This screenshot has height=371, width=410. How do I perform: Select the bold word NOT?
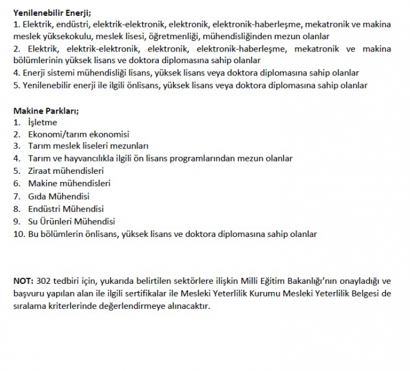(x=23, y=280)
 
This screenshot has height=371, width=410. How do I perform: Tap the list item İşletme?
(x=43, y=122)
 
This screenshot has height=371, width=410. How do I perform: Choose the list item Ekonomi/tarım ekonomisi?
(x=78, y=134)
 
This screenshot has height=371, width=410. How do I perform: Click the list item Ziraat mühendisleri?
(x=66, y=171)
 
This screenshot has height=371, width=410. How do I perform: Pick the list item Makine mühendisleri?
(x=69, y=183)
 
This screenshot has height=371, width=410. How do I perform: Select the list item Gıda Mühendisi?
(x=59, y=196)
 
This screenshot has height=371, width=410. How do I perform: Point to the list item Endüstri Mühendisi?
(x=66, y=208)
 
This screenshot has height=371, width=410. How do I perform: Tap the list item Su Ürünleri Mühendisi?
(x=71, y=221)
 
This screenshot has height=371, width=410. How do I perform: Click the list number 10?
(x=18, y=234)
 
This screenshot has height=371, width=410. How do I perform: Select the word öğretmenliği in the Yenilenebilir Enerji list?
(x=172, y=36)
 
